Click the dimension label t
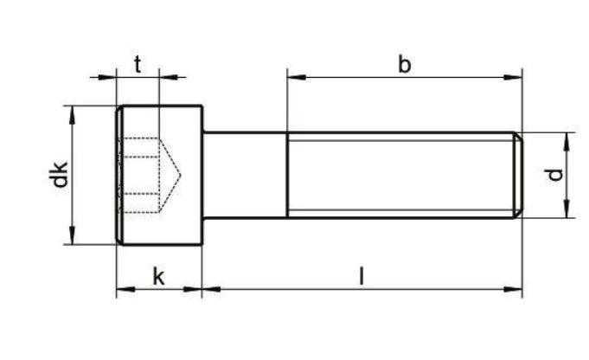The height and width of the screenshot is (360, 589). (138, 64)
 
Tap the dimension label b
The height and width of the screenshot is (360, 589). (404, 64)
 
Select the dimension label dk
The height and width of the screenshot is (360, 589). (59, 174)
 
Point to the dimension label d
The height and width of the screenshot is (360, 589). (554, 175)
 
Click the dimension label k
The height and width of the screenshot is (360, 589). (158, 277)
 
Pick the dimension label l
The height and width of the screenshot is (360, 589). (361, 276)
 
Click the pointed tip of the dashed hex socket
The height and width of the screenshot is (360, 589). (180, 175)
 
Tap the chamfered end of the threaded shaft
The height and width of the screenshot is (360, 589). (518, 175)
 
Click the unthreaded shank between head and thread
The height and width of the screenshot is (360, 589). (246, 175)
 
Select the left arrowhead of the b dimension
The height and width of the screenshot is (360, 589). (297, 77)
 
